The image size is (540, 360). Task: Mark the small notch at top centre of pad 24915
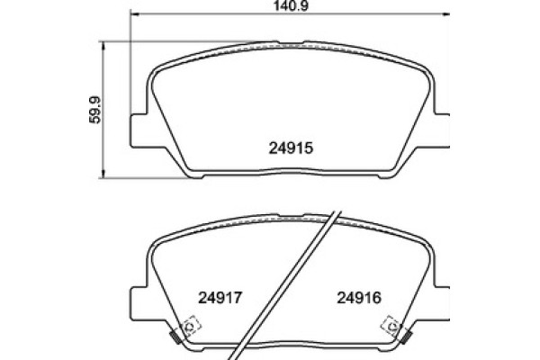click(x=290, y=41)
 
